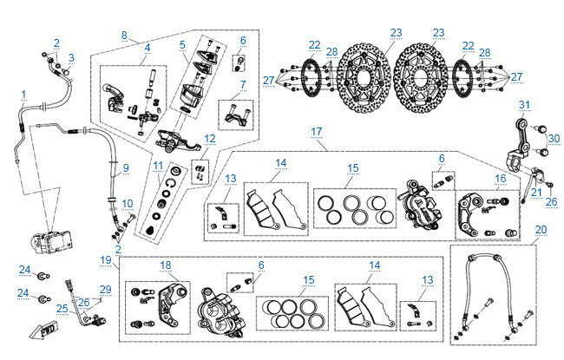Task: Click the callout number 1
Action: point(23,94)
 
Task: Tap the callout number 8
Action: point(124,36)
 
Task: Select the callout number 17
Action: point(317,132)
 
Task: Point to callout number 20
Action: point(541,230)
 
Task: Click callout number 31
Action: point(523,105)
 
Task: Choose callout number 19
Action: point(106,259)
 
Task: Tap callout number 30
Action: point(554,138)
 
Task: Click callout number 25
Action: point(62,308)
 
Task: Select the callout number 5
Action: point(182,44)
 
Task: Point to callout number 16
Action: point(500,178)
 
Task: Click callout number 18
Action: point(166,265)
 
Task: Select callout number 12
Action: point(209,139)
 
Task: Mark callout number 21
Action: point(536,193)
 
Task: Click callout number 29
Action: point(105,289)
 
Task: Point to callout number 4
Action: point(148,47)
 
